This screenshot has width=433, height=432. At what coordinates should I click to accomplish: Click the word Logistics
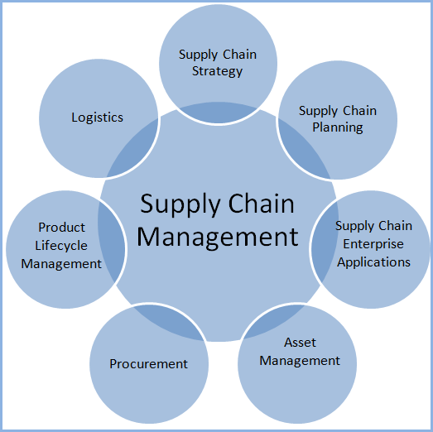[x=97, y=117]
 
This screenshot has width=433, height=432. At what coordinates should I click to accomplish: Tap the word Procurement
[x=149, y=363]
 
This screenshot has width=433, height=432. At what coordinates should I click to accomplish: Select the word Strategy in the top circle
[x=218, y=71]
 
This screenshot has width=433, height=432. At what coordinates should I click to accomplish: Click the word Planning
[x=338, y=127]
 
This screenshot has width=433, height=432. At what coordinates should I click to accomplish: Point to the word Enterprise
[x=373, y=243]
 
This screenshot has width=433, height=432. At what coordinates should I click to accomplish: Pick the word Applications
[x=373, y=262]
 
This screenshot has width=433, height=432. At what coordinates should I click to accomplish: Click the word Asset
[x=300, y=342]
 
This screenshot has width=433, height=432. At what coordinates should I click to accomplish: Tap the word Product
[x=62, y=227]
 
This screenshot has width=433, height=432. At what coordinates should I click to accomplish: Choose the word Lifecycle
[x=62, y=245]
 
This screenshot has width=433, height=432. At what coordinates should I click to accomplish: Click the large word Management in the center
[x=217, y=237]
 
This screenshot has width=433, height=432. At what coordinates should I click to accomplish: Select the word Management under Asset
[x=300, y=360]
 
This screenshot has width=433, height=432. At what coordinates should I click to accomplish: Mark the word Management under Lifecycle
[x=61, y=263]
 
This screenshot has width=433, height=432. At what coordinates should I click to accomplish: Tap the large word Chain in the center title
[x=258, y=204]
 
